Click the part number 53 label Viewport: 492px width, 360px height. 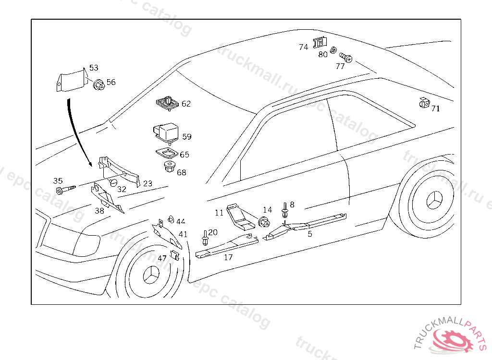coord(94,68)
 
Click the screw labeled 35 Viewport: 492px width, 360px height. coord(65,190)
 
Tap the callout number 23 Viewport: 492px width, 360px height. coord(148,183)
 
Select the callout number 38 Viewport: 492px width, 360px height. coord(99,210)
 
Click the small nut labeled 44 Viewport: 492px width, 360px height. coord(170,220)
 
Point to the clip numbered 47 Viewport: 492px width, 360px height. coord(175,255)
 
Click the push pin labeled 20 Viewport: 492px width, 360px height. coord(206,238)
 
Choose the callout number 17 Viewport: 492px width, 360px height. coord(228,257)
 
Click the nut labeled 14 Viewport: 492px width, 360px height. coord(264,222)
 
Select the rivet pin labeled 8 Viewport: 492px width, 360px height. coord(285,211)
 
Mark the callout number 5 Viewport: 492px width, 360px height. coord(310,234)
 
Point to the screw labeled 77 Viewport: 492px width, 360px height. coord(346,58)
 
